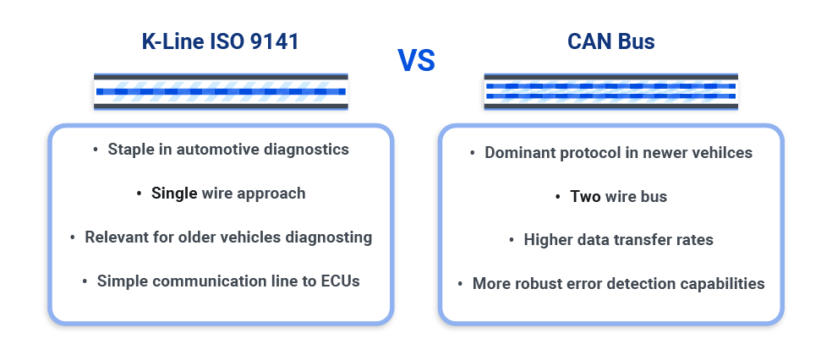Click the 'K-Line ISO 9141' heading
[220, 41]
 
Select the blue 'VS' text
[416, 60]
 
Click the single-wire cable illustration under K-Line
[220, 92]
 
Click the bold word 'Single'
[174, 194]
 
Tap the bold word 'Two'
[585, 197]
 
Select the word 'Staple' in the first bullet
[131, 150]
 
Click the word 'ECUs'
[339, 281]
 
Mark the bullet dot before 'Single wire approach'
[140, 194]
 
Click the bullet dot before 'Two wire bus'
[559, 197]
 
